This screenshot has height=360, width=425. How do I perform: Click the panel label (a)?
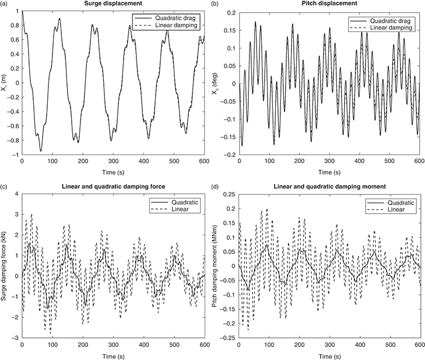(4, 5)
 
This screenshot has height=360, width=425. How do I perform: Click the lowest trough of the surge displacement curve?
(40, 151)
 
